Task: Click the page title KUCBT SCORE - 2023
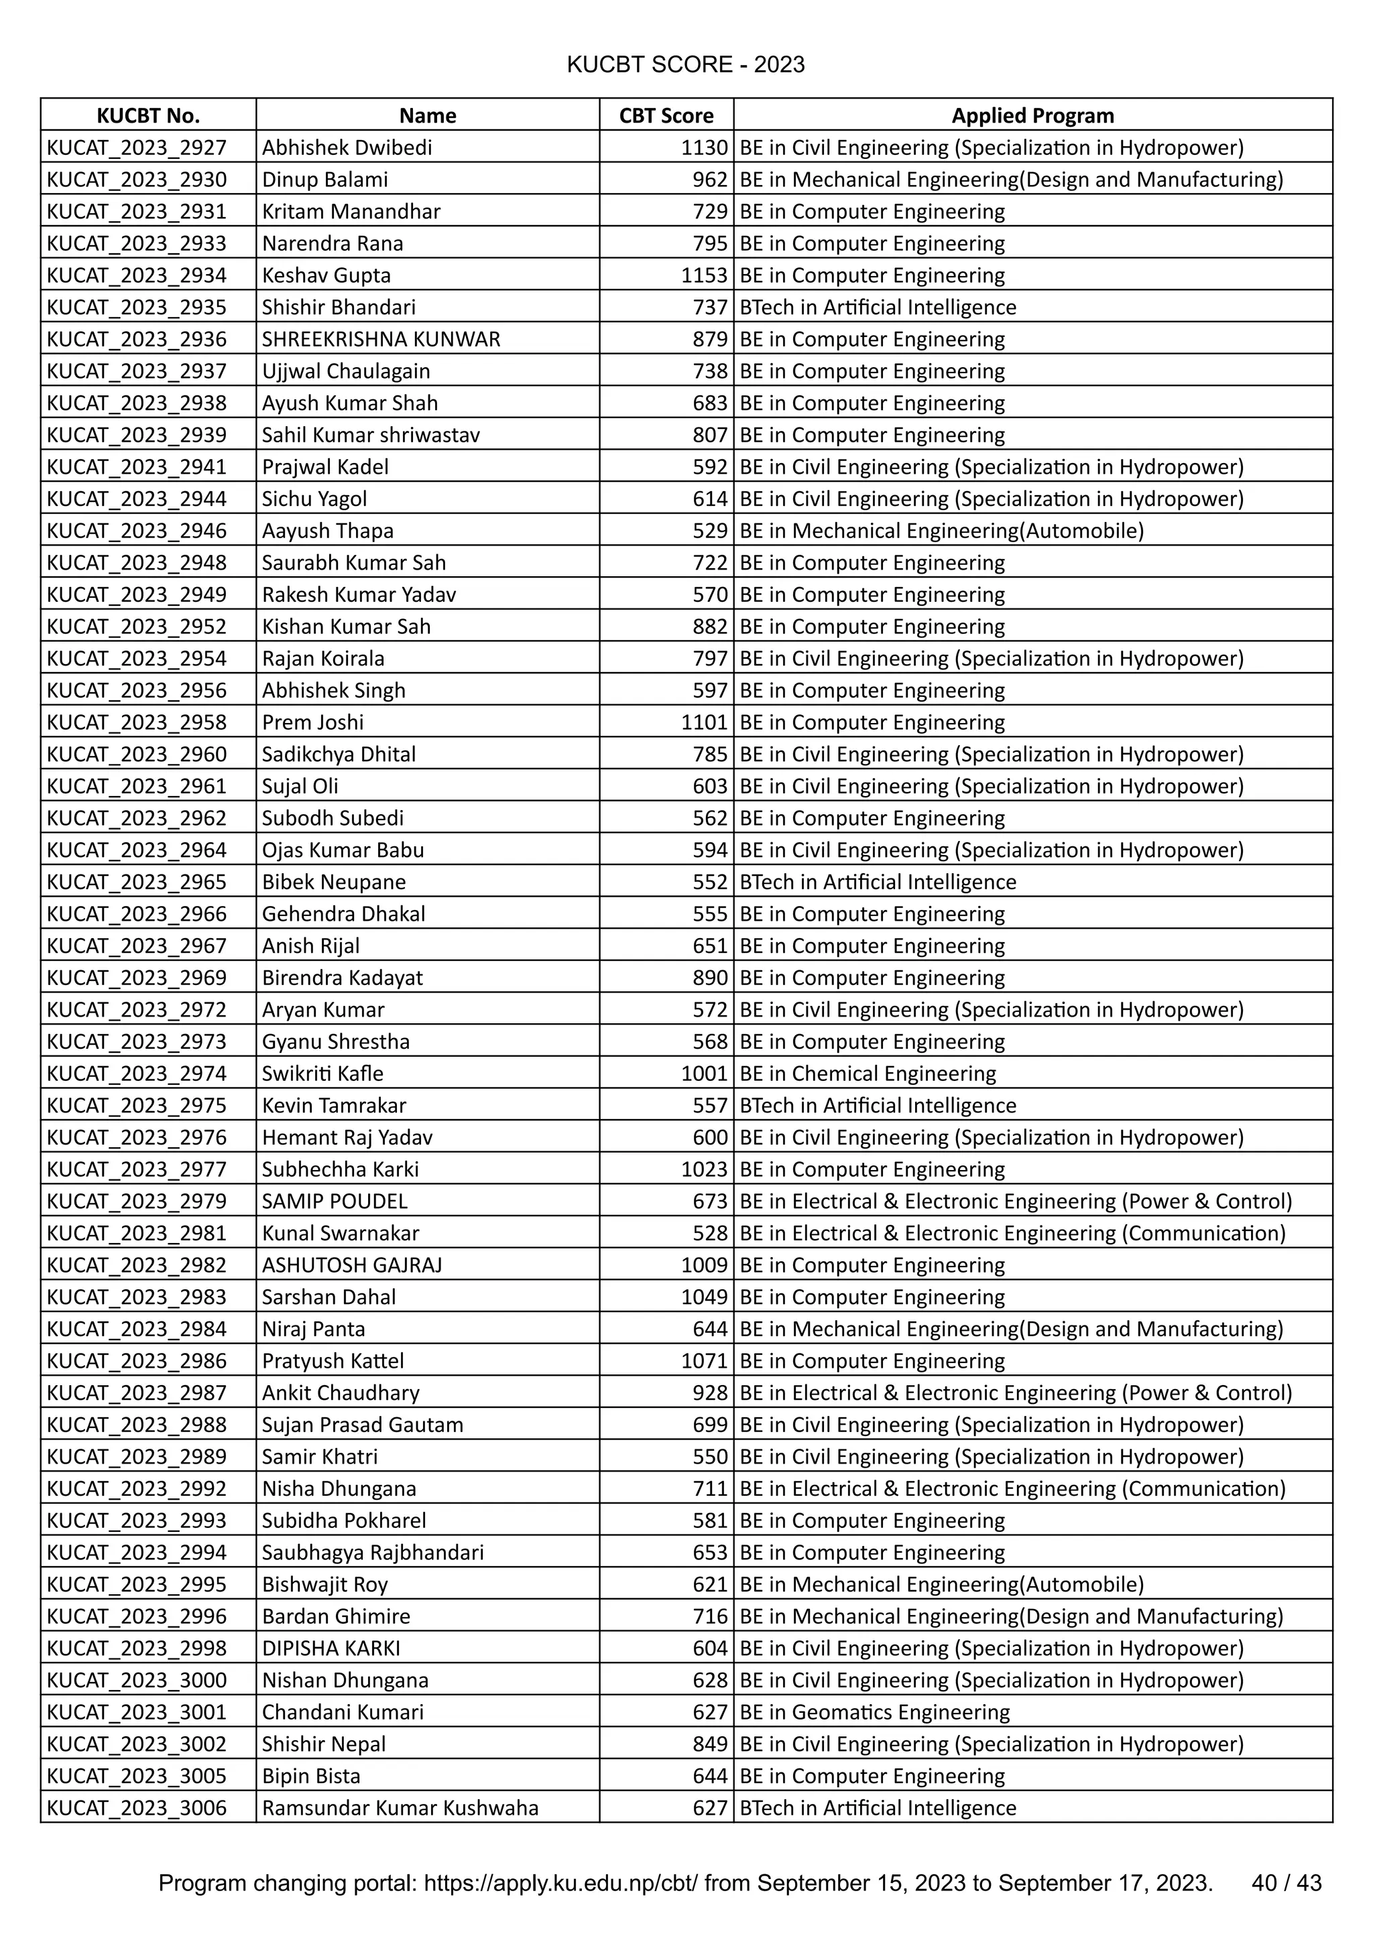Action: click(685, 65)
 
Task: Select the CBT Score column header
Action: click(666, 116)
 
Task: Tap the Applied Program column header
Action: click(1032, 116)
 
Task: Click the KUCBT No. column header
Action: click(148, 116)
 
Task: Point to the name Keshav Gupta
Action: click(326, 275)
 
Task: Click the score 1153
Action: click(704, 275)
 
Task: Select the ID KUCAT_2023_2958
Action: click(136, 722)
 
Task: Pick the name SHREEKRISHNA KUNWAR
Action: click(381, 340)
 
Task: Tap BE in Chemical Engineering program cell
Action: click(868, 1074)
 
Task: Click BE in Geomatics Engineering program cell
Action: click(874, 1712)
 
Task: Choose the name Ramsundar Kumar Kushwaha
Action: click(400, 1808)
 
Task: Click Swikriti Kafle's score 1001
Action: click(704, 1074)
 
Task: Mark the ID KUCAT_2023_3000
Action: click(136, 1680)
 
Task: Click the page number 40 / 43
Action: click(1286, 1883)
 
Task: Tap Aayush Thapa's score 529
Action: click(710, 531)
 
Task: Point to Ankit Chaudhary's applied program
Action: click(1016, 1392)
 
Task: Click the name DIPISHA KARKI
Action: click(331, 1648)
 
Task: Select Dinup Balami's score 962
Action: click(710, 180)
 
